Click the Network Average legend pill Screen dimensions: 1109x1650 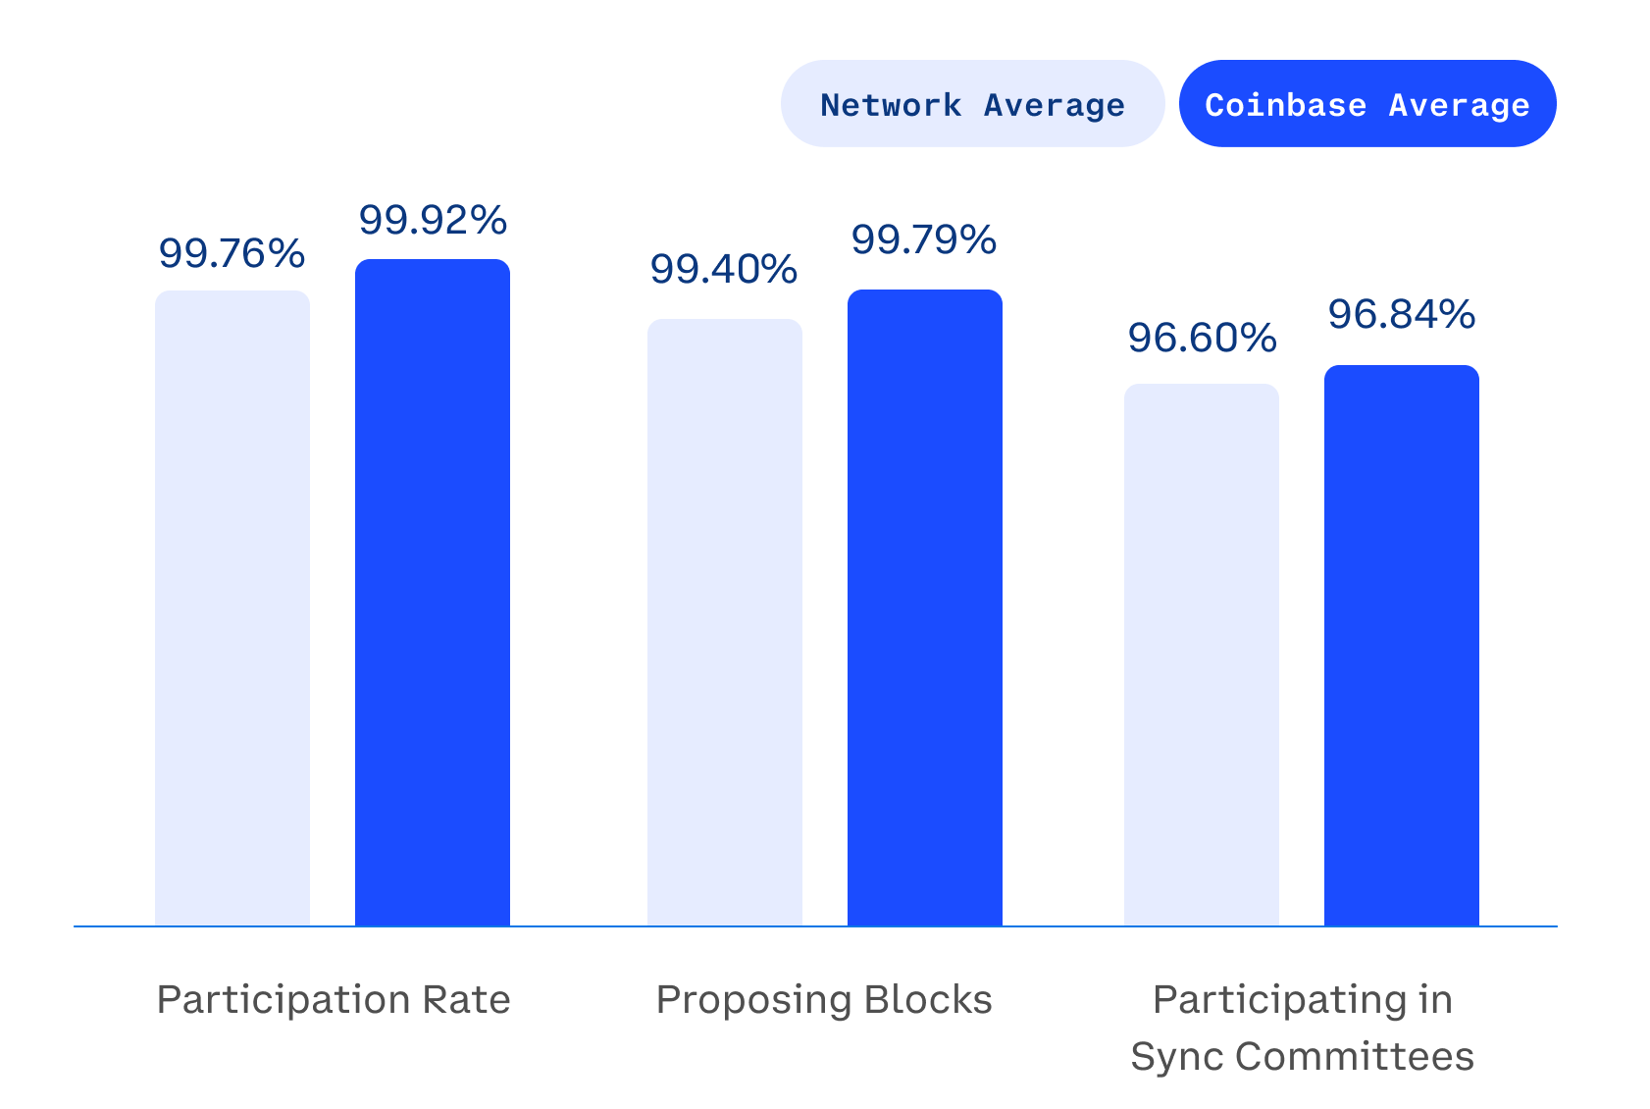coord(971,104)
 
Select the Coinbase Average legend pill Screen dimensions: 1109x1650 coord(1366,104)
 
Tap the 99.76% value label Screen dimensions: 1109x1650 coord(232,253)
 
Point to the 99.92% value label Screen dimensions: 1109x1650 coord(433,220)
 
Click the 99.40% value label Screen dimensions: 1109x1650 coord(723,269)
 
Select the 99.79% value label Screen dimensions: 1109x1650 coord(923,239)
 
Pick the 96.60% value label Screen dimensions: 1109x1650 coord(1202,338)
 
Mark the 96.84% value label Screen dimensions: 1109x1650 coord(1401,314)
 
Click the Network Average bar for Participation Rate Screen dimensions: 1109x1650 coord(232,608)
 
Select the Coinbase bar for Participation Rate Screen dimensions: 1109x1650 coord(433,593)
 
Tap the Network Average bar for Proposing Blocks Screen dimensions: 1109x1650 coord(725,622)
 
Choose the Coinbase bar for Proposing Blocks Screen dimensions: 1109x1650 coord(925,607)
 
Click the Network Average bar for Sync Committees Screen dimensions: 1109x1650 coord(1202,655)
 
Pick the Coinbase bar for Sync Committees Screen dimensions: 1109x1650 coord(1402,646)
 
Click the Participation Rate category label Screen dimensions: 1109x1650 coord(334,1000)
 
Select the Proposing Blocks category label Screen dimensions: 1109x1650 coord(824,1000)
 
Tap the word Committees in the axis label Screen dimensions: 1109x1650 coord(1354,1057)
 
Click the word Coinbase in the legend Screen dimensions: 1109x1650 coord(1285,105)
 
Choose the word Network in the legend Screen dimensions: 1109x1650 coord(891,105)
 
